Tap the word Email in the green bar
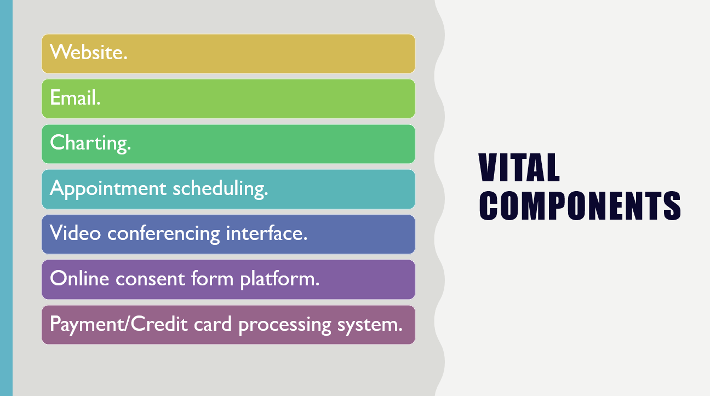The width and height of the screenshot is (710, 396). pos(73,97)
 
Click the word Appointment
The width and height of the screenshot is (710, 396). pos(108,189)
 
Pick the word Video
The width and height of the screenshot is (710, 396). pos(76,233)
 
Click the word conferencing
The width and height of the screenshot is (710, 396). pos(164,234)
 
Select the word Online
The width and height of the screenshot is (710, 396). pos(79,278)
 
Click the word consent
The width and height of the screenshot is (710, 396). pos(150,279)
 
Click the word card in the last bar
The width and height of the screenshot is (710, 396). pos(213,324)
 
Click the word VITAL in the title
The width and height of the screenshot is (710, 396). pos(519,168)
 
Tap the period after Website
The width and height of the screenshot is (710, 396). pos(125,58)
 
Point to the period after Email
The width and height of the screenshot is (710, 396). pos(98,104)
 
